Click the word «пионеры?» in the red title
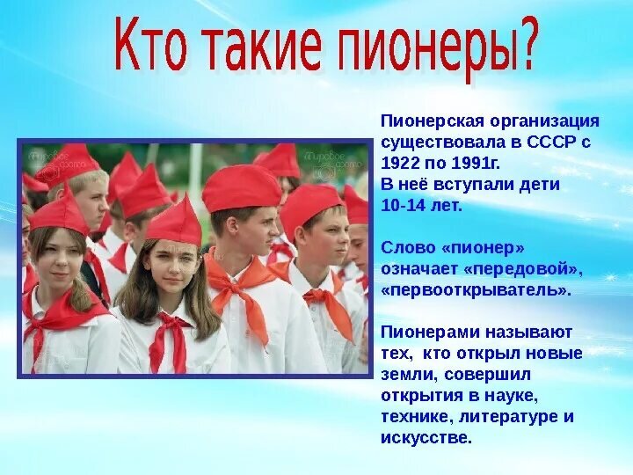[439, 49]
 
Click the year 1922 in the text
[401, 164]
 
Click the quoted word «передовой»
[524, 269]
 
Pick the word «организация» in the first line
[545, 121]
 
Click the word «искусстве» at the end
[426, 438]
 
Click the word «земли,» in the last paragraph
[410, 375]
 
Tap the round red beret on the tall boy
[242, 187]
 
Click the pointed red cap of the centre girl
[176, 222]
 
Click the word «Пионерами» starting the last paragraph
[429, 332]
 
